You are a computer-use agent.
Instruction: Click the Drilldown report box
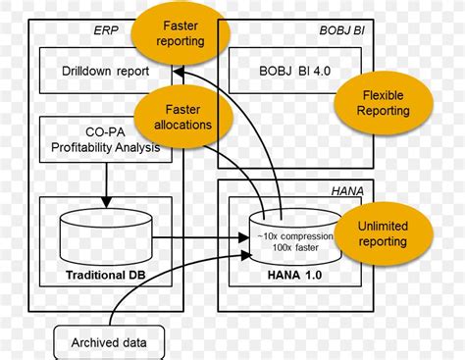click(x=93, y=72)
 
